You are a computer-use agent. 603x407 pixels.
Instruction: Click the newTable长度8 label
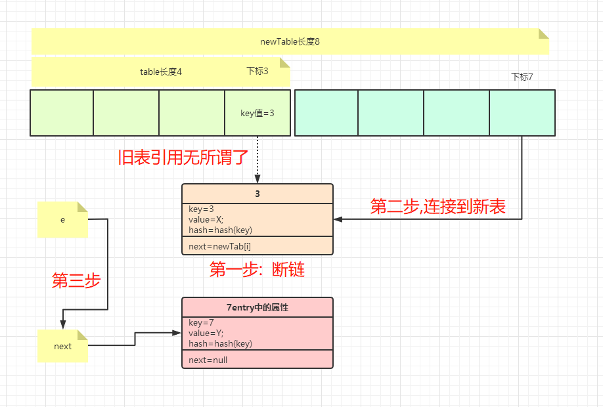290,41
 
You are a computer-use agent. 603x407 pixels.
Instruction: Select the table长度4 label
160,72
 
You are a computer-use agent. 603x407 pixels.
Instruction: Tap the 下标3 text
257,71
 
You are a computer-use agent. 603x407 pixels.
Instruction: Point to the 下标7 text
522,77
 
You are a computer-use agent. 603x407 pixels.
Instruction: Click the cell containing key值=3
257,113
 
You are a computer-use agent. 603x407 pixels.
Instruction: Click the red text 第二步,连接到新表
437,207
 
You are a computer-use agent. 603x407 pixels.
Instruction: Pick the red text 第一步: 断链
257,269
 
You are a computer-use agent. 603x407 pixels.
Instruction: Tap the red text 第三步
76,280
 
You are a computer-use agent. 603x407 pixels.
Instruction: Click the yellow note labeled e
62,220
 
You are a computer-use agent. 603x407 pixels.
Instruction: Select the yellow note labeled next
62,346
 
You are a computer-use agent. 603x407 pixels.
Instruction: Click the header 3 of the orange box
257,194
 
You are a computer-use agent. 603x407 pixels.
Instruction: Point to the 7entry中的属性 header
257,307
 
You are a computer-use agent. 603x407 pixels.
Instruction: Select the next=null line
208,360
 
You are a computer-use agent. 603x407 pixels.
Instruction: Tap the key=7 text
202,323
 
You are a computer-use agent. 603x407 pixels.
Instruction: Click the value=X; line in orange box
206,220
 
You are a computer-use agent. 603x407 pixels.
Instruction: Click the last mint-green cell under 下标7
522,113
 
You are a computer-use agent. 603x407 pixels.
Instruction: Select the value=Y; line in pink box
206,333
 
